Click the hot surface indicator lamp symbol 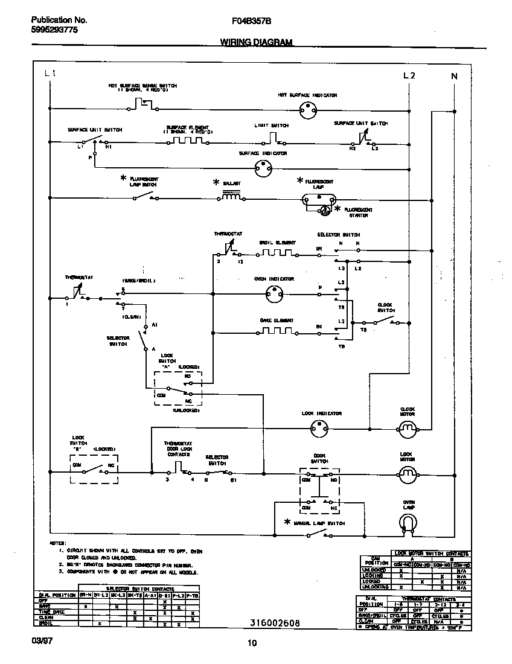(309, 110)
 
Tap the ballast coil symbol (231, 196)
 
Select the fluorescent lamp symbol (318, 198)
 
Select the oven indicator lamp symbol (275, 293)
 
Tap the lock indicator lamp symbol (318, 429)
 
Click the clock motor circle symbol (408, 429)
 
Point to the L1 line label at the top (51, 74)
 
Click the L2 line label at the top (409, 75)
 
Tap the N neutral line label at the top (454, 75)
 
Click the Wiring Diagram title (256, 43)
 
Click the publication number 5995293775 (54, 30)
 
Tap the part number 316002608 (275, 622)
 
